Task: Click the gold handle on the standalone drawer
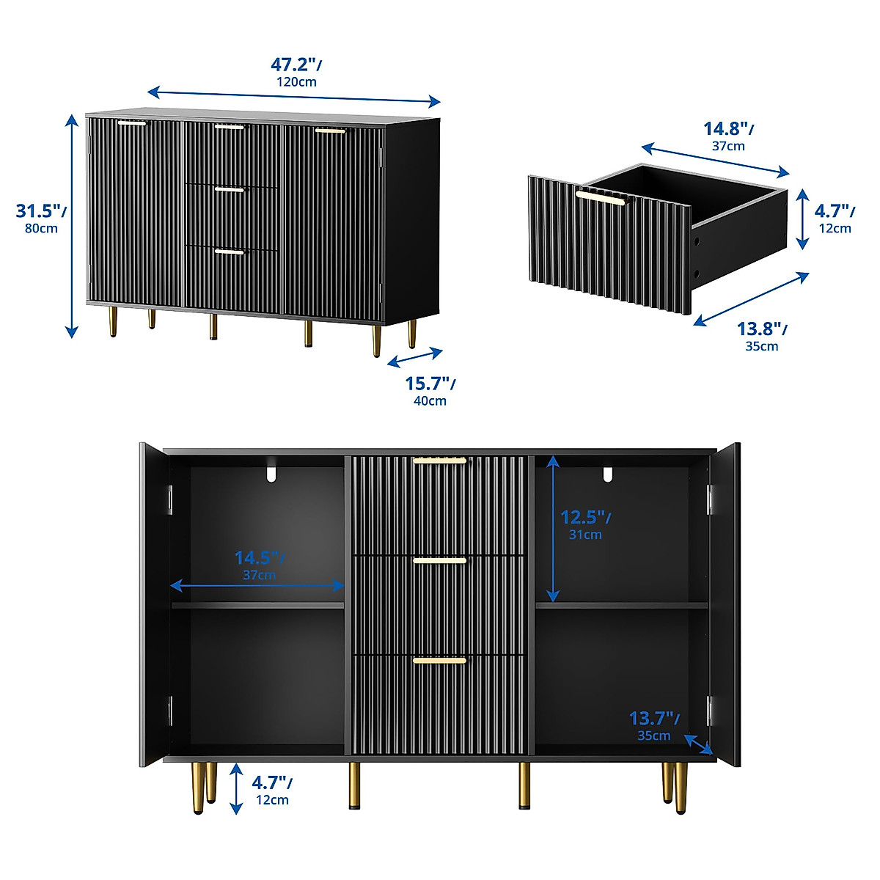click(600, 196)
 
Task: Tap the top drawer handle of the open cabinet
click(439, 461)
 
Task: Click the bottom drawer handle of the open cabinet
click(439, 661)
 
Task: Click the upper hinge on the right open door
click(710, 499)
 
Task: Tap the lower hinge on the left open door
click(169, 710)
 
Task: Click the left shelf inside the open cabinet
click(258, 605)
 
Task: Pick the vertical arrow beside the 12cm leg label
click(236, 788)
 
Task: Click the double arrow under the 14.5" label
click(257, 585)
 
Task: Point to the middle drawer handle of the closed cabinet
click(230, 190)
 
